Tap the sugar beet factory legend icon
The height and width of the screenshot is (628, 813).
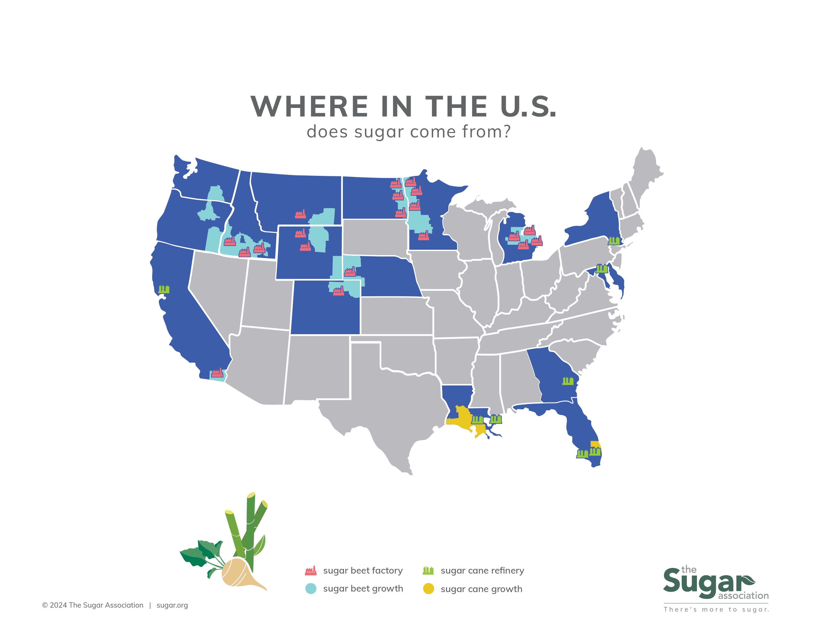point(310,570)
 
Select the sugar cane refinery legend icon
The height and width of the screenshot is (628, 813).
point(428,570)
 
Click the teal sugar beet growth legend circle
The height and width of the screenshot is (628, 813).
point(311,589)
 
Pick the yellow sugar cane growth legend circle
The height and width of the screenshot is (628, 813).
point(428,589)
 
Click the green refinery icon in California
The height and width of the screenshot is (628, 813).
point(164,289)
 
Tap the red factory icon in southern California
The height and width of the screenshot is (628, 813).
point(217,373)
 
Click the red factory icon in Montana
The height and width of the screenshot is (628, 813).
point(300,214)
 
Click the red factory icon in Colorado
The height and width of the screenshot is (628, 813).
point(338,291)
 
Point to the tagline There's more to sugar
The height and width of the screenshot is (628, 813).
point(716,609)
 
